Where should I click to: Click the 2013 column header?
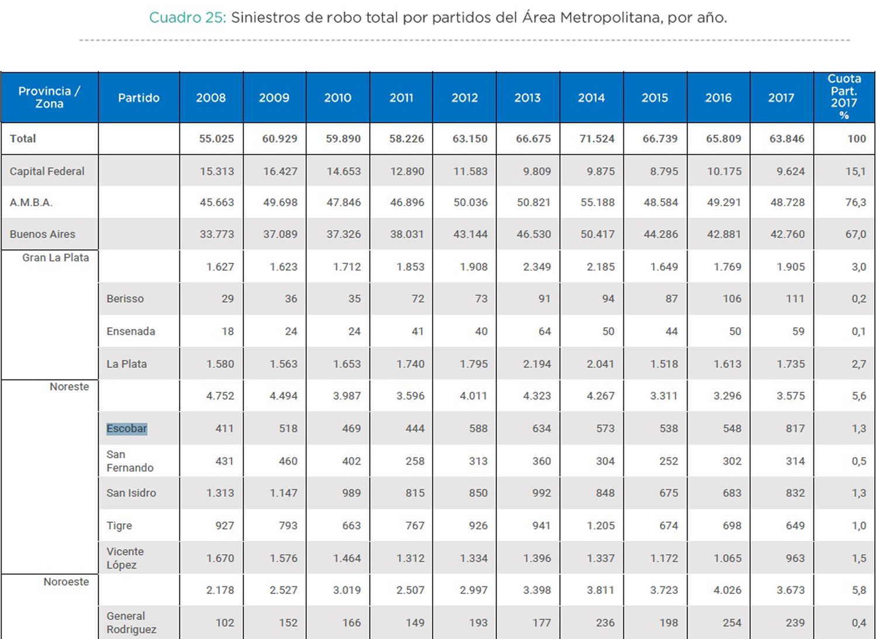tap(527, 98)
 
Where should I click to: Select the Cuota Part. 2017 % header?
tap(844, 96)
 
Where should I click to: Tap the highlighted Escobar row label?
tap(127, 429)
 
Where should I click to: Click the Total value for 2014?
tap(596, 139)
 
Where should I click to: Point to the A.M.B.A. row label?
tap(31, 202)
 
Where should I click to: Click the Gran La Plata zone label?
tap(56, 258)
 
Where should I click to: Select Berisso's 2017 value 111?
tap(795, 299)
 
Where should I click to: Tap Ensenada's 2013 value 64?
tap(544, 331)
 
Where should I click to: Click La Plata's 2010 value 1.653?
tap(347, 364)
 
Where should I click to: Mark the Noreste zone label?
tap(69, 387)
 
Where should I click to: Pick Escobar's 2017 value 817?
tap(795, 429)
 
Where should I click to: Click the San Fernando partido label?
tap(129, 461)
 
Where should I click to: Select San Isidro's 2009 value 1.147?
tap(283, 493)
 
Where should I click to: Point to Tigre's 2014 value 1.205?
tap(600, 526)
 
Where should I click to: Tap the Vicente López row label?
tap(125, 558)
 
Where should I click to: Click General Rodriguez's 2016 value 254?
tap(731, 623)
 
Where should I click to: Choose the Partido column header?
tap(139, 98)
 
